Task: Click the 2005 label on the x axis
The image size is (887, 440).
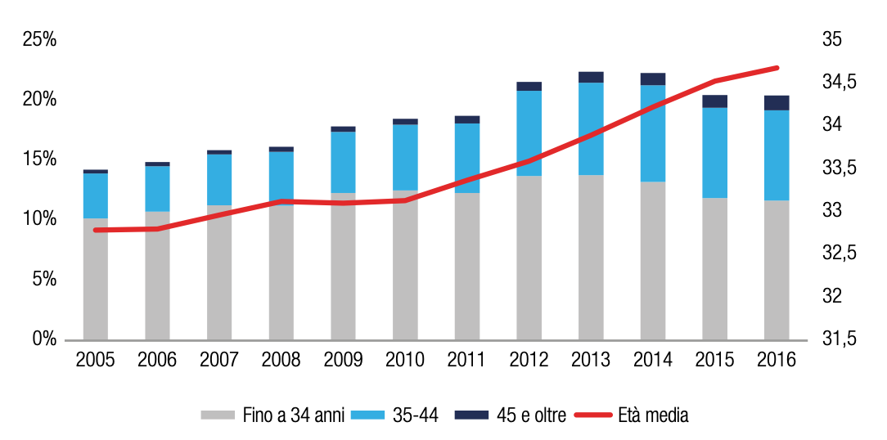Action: pyautogui.click(x=95, y=360)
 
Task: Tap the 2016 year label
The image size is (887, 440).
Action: pyautogui.click(x=777, y=360)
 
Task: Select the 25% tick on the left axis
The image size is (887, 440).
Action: pyautogui.click(x=38, y=39)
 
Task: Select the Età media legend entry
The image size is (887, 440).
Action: pyautogui.click(x=630, y=415)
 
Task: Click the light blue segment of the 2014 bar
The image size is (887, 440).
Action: pyautogui.click(x=653, y=133)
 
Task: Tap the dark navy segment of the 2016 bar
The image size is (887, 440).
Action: pyautogui.click(x=777, y=103)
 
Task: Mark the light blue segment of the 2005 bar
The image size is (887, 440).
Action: pyautogui.click(x=95, y=195)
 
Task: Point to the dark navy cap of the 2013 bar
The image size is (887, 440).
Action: pyautogui.click(x=591, y=78)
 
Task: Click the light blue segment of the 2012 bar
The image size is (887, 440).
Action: pyautogui.click(x=529, y=133)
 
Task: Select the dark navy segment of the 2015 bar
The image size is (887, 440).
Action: pyautogui.click(x=714, y=101)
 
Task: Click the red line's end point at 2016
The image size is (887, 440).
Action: pyautogui.click(x=777, y=68)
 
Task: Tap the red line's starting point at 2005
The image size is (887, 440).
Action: pyautogui.click(x=95, y=230)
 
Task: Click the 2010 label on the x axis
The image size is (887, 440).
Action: pyautogui.click(x=405, y=360)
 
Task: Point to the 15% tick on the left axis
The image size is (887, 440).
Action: pyautogui.click(x=38, y=159)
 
